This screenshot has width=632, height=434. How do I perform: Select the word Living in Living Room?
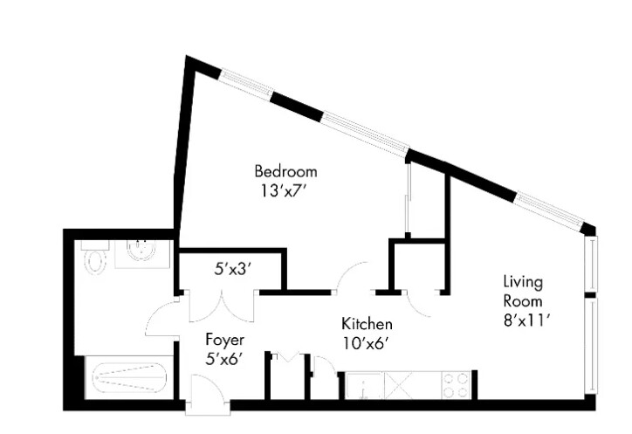[523, 282]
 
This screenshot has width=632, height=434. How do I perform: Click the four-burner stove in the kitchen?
[455, 385]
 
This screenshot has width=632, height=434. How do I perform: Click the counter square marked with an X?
[406, 385]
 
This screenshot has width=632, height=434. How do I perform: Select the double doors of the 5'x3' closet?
[223, 307]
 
